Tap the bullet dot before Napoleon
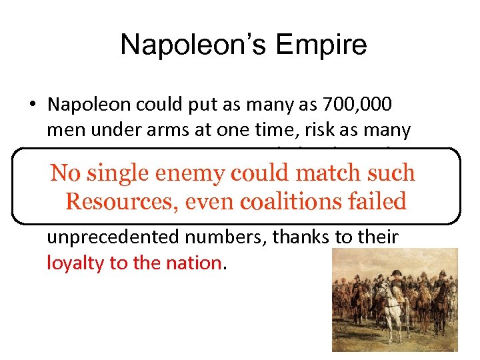point(31,105)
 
